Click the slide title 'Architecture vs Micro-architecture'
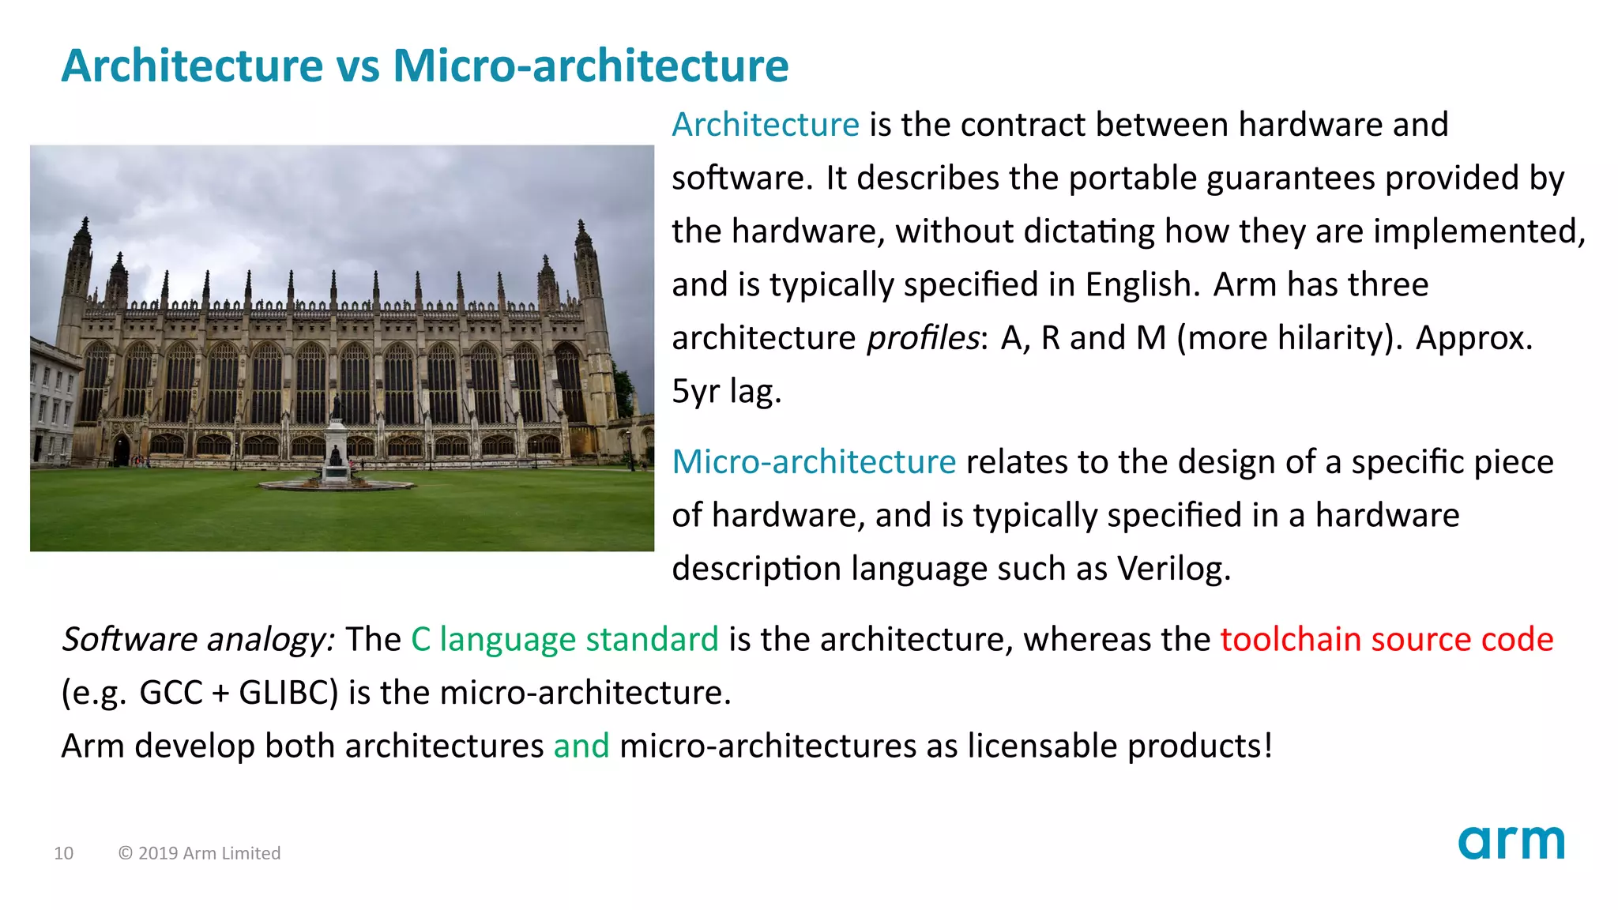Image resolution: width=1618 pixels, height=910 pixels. coord(424,66)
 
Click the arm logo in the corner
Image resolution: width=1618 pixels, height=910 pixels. coord(1511,843)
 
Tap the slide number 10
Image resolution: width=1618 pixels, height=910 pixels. coord(63,853)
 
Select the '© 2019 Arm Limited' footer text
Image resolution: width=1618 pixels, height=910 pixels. coord(199,853)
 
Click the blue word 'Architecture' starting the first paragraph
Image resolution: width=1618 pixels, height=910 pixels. coord(765,125)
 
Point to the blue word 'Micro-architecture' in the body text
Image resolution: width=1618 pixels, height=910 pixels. coord(814,462)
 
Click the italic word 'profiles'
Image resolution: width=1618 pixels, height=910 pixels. coord(923,338)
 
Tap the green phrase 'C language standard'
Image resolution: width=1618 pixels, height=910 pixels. coord(564,639)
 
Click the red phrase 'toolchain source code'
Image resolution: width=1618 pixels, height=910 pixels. coord(1387,639)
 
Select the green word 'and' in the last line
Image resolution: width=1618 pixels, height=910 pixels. coord(581,746)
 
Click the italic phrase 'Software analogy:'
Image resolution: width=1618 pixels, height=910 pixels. coord(198,639)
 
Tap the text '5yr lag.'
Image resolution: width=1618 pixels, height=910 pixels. coord(726,391)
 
